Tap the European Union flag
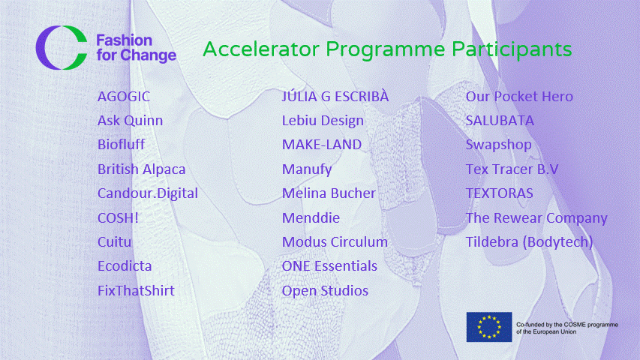489,327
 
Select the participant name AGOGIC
124,97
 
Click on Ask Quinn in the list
131,121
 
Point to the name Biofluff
122,145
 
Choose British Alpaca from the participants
142,169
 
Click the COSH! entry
118,217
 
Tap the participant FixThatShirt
136,290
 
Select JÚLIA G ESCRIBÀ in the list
335,96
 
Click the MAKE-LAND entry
322,145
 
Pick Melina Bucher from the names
329,193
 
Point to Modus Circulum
335,241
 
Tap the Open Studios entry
325,290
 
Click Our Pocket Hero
519,96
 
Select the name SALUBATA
500,121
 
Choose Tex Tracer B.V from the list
512,169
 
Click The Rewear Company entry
536,218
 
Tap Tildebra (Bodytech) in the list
530,242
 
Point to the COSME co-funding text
567,328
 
